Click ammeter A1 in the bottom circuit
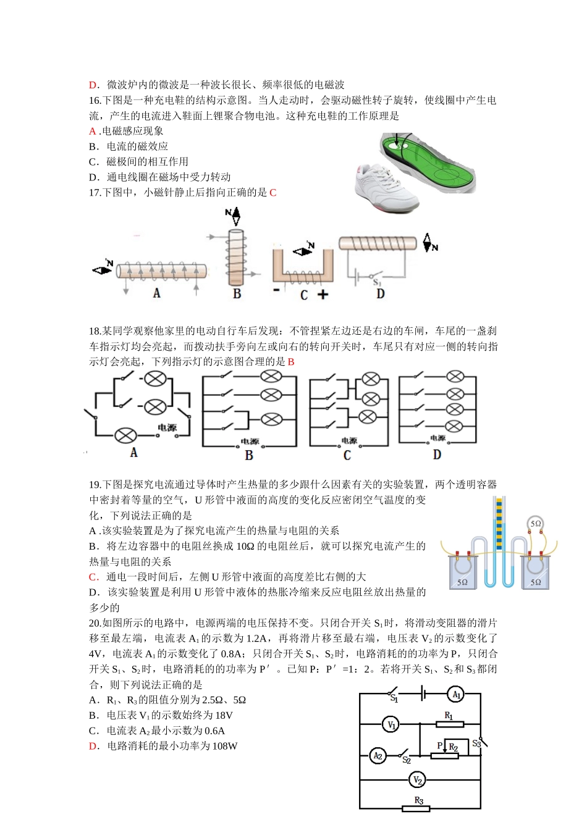coord(455,694)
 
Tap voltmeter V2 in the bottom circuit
coord(417,781)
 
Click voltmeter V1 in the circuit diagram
coord(391,724)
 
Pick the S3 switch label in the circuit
coord(476,744)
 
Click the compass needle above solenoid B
coord(233,216)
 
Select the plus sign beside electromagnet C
coord(323,295)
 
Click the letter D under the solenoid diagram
coord(381,294)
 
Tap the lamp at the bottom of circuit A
coord(125,435)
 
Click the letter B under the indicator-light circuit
coord(249,456)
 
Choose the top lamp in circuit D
coord(455,376)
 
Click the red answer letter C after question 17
coord(273,193)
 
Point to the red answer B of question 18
coord(291,362)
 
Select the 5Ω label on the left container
coord(462,582)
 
